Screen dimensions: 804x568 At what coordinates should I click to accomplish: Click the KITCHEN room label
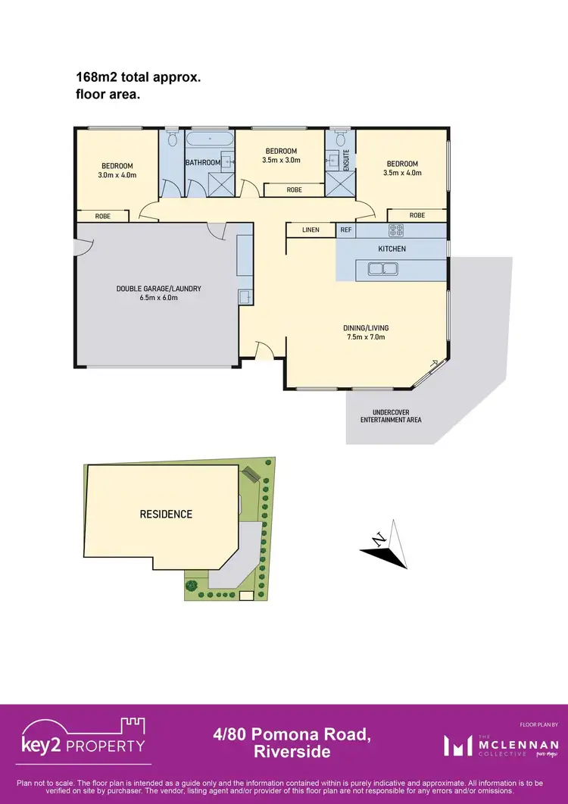click(392, 249)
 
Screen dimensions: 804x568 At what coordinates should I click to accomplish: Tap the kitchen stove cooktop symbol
click(397, 230)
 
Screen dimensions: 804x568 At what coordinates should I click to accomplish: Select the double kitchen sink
click(383, 267)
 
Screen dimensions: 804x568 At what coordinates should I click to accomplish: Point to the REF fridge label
click(345, 230)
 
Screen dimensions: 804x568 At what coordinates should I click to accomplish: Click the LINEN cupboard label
click(311, 230)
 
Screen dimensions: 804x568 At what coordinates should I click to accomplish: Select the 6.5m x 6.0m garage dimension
click(158, 298)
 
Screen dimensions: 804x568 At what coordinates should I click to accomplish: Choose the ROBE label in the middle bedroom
click(293, 190)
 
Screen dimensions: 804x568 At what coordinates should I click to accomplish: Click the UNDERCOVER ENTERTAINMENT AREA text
click(391, 415)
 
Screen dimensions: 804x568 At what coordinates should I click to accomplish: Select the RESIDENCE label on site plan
click(166, 514)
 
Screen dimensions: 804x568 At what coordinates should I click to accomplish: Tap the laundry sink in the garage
click(244, 296)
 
